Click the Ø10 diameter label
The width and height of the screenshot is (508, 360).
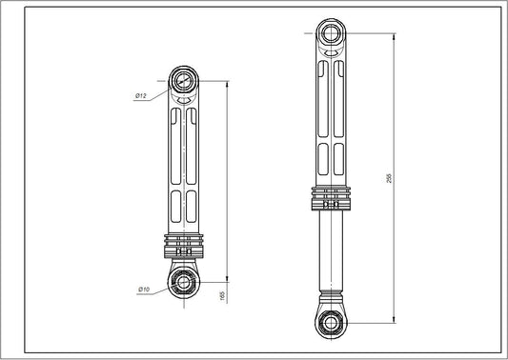[x=144, y=289]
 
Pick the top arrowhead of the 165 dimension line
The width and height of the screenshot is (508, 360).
[x=227, y=83]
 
